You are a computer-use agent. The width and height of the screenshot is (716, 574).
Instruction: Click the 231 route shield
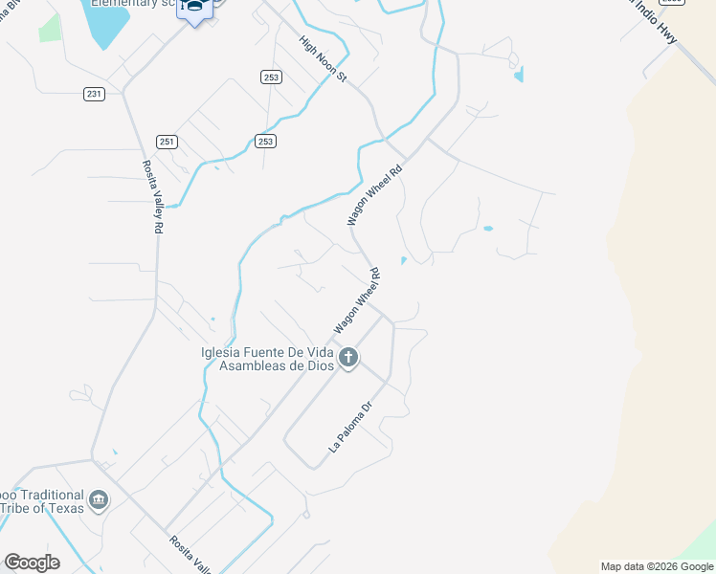[93, 94]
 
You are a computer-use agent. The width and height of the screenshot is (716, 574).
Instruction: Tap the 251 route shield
[168, 142]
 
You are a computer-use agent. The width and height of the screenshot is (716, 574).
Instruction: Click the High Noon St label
[322, 59]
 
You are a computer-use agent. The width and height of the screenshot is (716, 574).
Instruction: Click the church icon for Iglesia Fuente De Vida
[348, 359]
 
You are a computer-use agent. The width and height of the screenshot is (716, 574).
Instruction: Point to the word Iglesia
[222, 352]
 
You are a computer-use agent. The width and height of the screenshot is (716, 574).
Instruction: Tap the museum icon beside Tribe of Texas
[98, 500]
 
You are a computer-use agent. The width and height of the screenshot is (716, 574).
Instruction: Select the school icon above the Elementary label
[195, 9]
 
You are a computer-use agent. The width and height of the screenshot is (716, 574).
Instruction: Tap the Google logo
[32, 563]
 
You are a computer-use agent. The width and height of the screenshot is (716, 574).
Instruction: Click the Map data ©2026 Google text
[657, 566]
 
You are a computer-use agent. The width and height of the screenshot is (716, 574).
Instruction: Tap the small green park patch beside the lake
[50, 28]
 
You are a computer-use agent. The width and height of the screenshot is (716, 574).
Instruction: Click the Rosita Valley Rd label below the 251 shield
[158, 197]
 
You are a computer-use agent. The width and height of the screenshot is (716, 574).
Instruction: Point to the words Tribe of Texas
[43, 508]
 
